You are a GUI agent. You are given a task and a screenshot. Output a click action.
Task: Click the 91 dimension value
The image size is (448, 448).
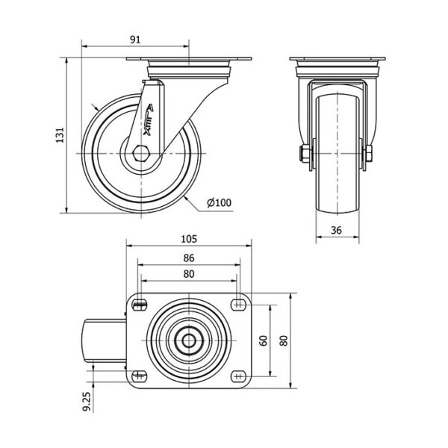(x=135, y=40)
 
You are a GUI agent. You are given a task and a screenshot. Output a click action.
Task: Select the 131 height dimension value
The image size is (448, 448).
(x=60, y=135)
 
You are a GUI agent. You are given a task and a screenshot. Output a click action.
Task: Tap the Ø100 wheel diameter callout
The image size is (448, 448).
(x=219, y=202)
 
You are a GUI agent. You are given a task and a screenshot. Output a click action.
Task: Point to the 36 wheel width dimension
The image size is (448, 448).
(x=336, y=230)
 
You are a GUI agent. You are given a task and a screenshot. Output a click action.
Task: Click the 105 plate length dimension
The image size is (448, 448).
(x=189, y=239)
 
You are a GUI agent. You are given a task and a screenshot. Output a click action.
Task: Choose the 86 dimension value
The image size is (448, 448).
(x=189, y=258)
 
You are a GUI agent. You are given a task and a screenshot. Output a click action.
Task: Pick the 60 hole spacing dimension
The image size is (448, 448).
(x=264, y=340)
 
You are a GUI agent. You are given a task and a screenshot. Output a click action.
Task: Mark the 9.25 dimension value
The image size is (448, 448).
(x=87, y=402)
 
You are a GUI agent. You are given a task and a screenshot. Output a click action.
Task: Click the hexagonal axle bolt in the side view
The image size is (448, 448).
(x=140, y=153)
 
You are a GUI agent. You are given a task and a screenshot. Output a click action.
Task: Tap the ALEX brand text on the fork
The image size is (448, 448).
(x=149, y=119)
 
